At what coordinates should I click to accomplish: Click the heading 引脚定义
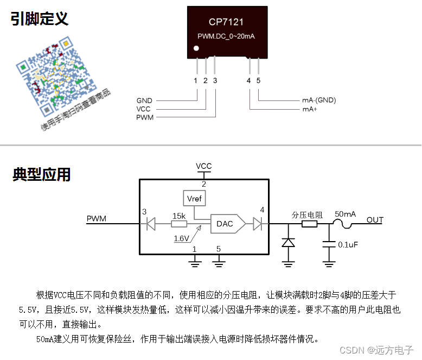pyautogui.click(x=40, y=19)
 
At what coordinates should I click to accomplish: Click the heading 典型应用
pyautogui.click(x=42, y=175)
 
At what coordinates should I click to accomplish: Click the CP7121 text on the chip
pyautogui.click(x=226, y=22)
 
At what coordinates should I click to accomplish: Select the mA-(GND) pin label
pyautogui.click(x=319, y=100)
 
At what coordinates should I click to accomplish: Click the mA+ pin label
pyautogui.click(x=310, y=109)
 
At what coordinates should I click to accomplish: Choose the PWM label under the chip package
pyautogui.click(x=144, y=117)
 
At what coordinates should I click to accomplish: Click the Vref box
pyautogui.click(x=194, y=199)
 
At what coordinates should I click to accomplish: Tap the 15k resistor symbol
pyautogui.click(x=179, y=223)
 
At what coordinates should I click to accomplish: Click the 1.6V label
pyautogui.click(x=181, y=238)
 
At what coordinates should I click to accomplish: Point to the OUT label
pyautogui.click(x=375, y=220)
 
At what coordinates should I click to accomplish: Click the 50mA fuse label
pyautogui.click(x=344, y=214)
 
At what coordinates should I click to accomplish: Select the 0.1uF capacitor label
pyautogui.click(x=348, y=245)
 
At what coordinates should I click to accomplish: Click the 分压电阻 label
pyautogui.click(x=307, y=214)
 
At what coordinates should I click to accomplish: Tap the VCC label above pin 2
pyautogui.click(x=204, y=166)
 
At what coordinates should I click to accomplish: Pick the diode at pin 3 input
pyautogui.click(x=151, y=223)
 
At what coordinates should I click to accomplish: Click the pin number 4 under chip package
pyautogui.click(x=248, y=81)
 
